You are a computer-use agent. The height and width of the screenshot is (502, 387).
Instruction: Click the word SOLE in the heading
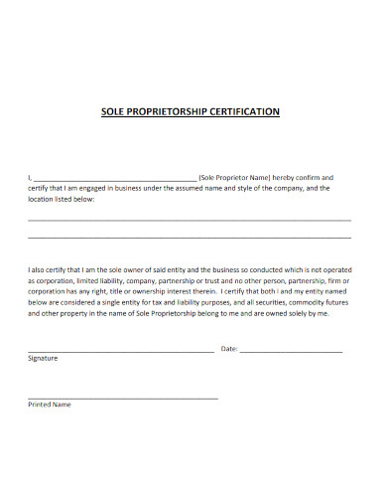pyautogui.click(x=116, y=111)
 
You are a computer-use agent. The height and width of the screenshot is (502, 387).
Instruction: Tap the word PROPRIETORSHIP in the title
pyautogui.click(x=174, y=111)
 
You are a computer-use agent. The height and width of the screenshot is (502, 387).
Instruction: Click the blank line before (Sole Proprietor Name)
pyautogui.click(x=114, y=178)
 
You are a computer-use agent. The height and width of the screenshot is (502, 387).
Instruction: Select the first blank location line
pyautogui.click(x=189, y=220)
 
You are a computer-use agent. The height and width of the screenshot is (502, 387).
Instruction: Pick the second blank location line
pyautogui.click(x=189, y=238)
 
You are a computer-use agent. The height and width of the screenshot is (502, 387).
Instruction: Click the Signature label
pyautogui.click(x=43, y=358)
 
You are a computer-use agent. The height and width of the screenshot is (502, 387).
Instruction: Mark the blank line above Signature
pyautogui.click(x=119, y=351)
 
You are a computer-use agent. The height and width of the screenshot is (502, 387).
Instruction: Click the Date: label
pyautogui.click(x=228, y=349)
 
